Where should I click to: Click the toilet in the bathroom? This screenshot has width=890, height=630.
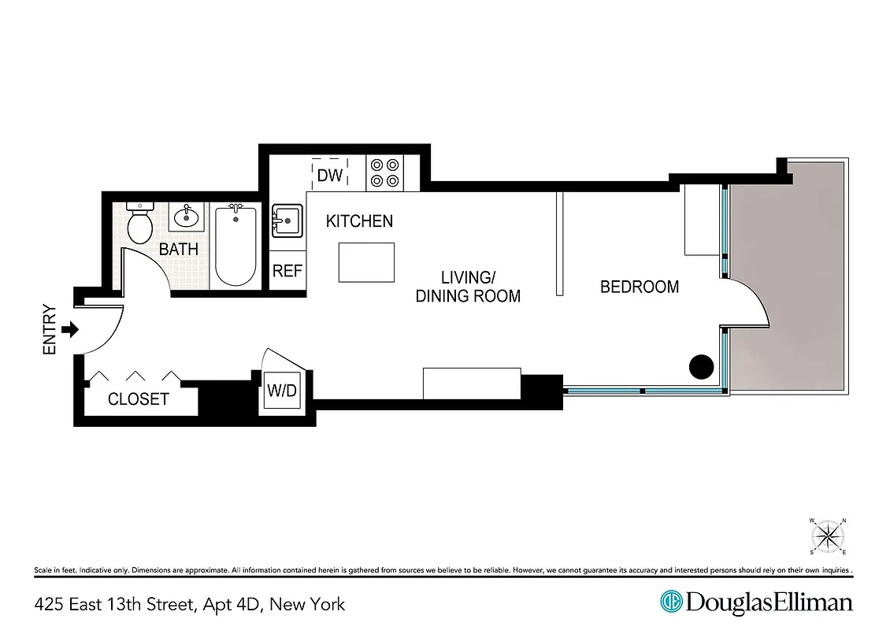pyautogui.click(x=140, y=224)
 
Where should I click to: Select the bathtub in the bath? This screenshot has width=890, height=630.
pyautogui.click(x=235, y=245)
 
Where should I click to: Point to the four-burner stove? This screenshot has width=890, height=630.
pyautogui.click(x=385, y=172)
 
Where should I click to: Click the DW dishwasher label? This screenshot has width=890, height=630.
pyautogui.click(x=329, y=175)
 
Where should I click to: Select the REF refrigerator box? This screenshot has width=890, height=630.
pyautogui.click(x=287, y=271)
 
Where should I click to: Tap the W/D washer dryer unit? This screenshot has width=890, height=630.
pyautogui.click(x=283, y=389)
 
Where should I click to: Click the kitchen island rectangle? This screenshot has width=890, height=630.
pyautogui.click(x=366, y=262)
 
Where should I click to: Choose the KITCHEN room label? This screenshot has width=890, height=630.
pyautogui.click(x=359, y=221)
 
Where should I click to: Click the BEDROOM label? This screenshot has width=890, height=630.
pyautogui.click(x=640, y=287)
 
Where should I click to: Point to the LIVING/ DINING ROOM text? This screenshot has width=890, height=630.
pyautogui.click(x=468, y=287)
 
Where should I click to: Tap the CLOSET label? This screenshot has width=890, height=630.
pyautogui.click(x=139, y=399)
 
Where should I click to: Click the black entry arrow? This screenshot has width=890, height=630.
pyautogui.click(x=70, y=329)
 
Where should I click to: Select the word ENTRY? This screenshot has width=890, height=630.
pyautogui.click(x=50, y=329)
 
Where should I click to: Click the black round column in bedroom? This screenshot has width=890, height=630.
pyautogui.click(x=701, y=366)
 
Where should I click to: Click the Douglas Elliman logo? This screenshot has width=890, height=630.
pyautogui.click(x=756, y=602)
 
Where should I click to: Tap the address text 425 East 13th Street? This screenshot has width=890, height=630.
pyautogui.click(x=189, y=604)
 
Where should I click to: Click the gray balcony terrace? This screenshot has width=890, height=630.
pyautogui.click(x=788, y=276)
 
